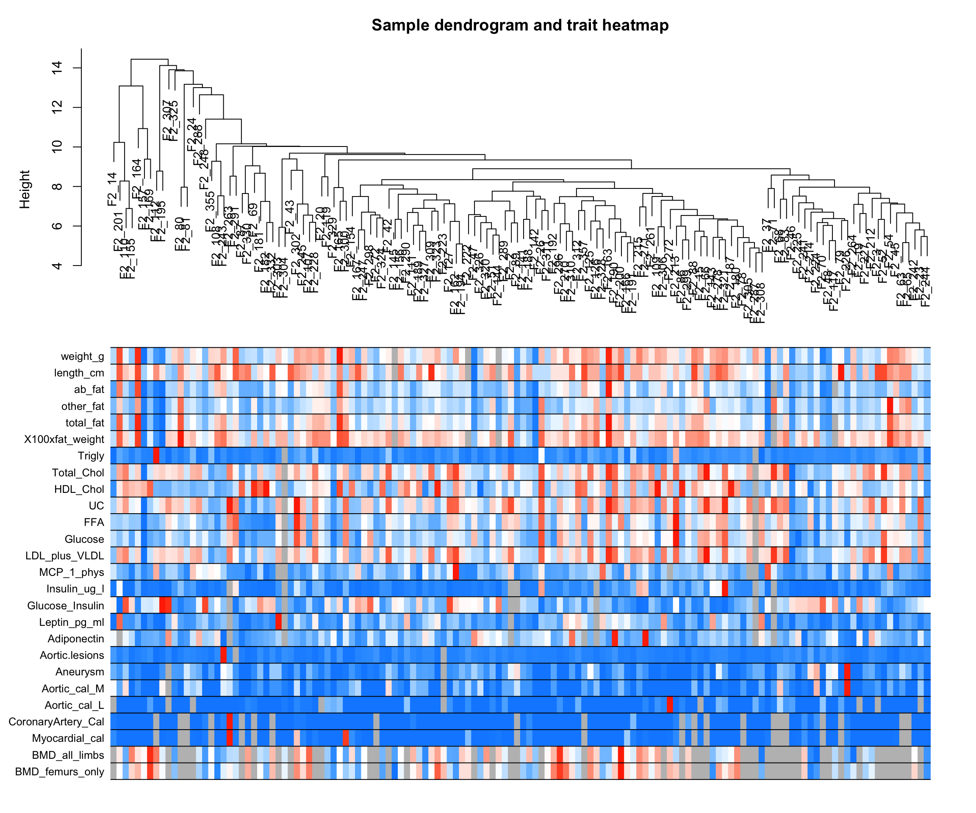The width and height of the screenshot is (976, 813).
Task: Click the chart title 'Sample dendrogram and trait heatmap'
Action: coord(520,25)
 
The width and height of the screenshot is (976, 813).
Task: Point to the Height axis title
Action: coord(25,190)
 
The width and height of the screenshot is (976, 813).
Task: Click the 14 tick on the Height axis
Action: coord(57,68)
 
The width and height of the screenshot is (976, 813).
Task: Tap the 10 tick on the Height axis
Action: coord(57,147)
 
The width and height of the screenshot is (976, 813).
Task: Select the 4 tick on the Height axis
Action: coord(57,265)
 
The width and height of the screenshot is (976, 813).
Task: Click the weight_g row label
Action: coord(82,357)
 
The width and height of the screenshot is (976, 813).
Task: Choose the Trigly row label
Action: coord(91,456)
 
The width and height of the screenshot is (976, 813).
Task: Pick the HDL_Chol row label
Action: coord(79,489)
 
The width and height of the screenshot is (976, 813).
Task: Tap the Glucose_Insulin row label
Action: coord(66,606)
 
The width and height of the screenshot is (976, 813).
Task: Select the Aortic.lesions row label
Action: coord(72,655)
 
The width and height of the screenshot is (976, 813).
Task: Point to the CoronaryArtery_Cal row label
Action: coord(56,722)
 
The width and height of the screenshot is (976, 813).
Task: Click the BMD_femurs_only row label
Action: coord(59,772)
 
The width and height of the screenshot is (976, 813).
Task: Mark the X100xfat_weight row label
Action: coord(64,439)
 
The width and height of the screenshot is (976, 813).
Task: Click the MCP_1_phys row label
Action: coord(72,572)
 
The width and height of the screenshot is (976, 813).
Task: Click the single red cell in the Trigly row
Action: coord(156,456)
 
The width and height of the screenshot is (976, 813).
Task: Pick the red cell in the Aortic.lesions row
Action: coord(223,655)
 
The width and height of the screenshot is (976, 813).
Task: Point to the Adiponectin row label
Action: coord(76,639)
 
